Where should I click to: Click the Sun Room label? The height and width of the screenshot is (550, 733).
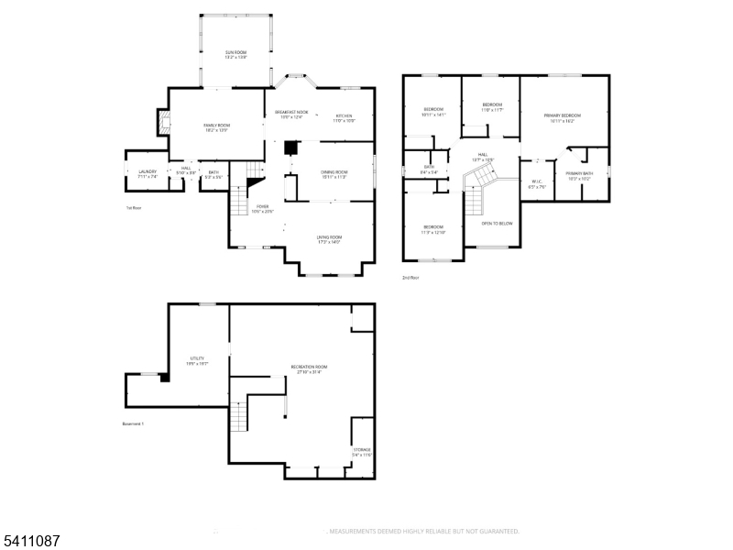pyautogui.click(x=235, y=55)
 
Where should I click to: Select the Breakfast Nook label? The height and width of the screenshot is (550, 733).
pyautogui.click(x=292, y=115)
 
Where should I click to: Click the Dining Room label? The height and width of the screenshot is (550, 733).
pyautogui.click(x=334, y=174)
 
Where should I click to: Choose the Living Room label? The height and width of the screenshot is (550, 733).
pyautogui.click(x=329, y=240)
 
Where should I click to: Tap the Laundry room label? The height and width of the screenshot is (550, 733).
pyautogui.click(x=148, y=173)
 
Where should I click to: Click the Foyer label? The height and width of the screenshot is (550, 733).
pyautogui.click(x=263, y=209)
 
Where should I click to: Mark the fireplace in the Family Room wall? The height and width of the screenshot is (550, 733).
pyautogui.click(x=163, y=123)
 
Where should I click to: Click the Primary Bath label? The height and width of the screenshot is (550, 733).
pyautogui.click(x=578, y=175)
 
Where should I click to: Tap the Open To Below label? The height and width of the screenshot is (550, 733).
pyautogui.click(x=498, y=223)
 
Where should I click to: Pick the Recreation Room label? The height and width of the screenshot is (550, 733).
pyautogui.click(x=309, y=368)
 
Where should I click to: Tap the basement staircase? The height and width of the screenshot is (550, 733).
pyautogui.click(x=238, y=415)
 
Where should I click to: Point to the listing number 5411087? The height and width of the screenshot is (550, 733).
pyautogui.click(x=31, y=542)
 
